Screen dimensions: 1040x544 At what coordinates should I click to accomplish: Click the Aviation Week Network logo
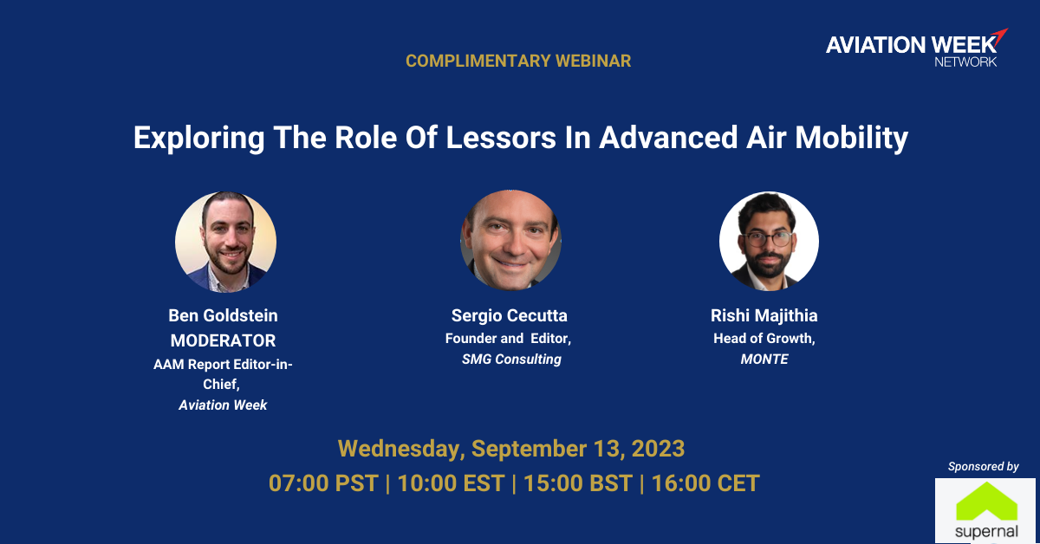tap(917, 48)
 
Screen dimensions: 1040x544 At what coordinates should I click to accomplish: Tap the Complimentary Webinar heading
tap(518, 61)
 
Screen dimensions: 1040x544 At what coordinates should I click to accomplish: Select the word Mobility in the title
tap(851, 139)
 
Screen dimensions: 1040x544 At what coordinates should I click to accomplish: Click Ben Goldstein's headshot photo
tap(225, 242)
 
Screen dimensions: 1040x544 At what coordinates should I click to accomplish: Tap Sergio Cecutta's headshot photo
tap(510, 240)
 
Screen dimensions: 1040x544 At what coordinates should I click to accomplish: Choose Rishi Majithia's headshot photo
tap(769, 242)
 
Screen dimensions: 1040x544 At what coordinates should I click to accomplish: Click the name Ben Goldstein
tap(223, 315)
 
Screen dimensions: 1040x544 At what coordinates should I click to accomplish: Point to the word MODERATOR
tap(223, 340)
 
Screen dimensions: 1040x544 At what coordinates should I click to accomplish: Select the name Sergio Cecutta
tap(510, 315)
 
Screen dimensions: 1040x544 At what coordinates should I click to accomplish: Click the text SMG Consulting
tap(511, 359)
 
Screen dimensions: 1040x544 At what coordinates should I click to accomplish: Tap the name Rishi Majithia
tap(764, 315)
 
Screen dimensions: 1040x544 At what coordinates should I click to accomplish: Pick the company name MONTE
tap(764, 359)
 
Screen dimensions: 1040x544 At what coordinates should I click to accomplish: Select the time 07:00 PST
tap(323, 483)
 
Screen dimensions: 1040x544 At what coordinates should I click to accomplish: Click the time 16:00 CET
tap(705, 483)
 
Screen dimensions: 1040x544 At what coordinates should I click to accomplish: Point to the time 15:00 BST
tap(578, 483)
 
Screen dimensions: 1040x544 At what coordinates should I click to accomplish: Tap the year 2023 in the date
tap(658, 449)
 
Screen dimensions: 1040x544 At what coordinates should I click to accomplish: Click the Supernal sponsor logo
tap(986, 511)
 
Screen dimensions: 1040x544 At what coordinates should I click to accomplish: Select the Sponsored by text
tap(984, 467)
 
